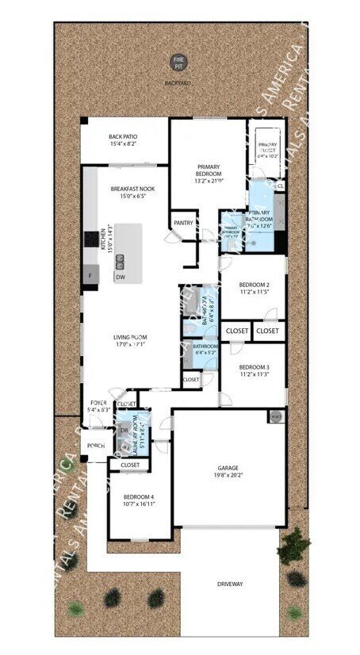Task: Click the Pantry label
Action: (x=182, y=223)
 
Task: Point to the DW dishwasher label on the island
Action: (x=120, y=278)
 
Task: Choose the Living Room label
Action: (x=129, y=337)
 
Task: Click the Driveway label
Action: (x=230, y=584)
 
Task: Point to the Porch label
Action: (x=97, y=446)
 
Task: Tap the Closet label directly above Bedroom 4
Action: (x=130, y=465)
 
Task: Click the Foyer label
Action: (x=99, y=403)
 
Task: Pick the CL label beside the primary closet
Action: (x=281, y=186)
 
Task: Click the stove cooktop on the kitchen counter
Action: (x=90, y=239)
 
